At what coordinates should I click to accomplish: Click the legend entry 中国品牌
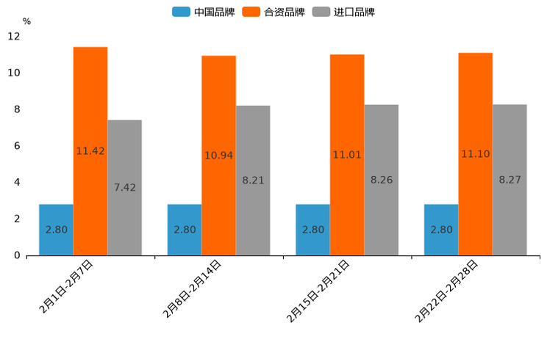[x=204, y=12]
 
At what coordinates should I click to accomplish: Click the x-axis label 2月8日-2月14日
[x=193, y=288]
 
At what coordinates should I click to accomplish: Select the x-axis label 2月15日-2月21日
[x=319, y=291]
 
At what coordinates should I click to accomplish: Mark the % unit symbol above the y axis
[x=26, y=21]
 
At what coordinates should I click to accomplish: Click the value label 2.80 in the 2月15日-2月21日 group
[x=313, y=230]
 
